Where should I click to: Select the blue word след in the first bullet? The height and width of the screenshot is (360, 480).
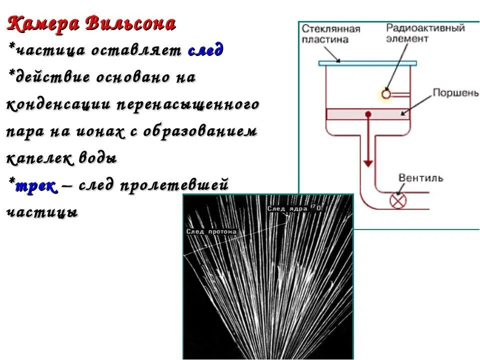(205, 50)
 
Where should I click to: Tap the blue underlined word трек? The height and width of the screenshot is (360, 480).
(36, 186)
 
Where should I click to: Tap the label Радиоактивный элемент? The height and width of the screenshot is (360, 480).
(425, 33)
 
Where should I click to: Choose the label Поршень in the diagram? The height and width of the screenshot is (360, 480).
(455, 93)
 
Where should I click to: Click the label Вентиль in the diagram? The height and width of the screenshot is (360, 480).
(420, 178)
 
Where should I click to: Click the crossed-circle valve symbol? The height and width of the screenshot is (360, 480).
(398, 201)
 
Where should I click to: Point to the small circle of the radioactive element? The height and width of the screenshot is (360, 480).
(385, 93)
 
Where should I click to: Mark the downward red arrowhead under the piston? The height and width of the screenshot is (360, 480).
(368, 163)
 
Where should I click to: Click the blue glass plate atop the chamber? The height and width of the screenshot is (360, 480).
(367, 63)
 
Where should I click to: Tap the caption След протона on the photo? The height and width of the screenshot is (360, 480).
(211, 232)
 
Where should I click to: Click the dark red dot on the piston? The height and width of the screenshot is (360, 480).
(368, 114)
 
